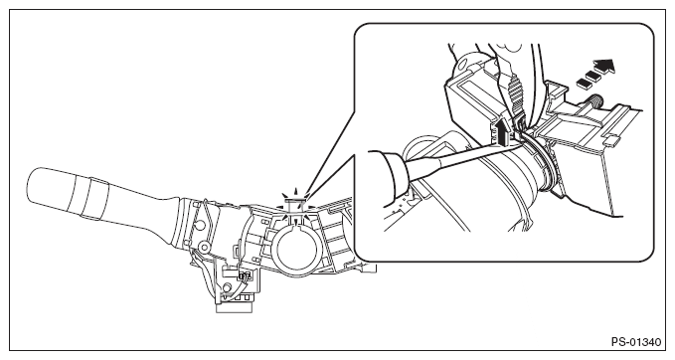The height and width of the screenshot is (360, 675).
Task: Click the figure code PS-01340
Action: [x=636, y=342]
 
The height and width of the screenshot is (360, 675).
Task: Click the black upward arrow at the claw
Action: [x=500, y=131]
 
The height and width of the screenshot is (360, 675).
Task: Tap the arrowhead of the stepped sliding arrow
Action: [x=604, y=67]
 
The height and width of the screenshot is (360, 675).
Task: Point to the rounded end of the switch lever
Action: [x=37, y=186]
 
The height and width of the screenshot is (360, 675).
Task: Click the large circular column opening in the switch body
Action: [x=297, y=251]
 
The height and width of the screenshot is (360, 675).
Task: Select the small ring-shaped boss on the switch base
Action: [x=205, y=248]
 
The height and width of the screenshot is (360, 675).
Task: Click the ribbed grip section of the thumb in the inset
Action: [x=514, y=90]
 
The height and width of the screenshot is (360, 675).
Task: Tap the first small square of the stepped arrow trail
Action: [x=584, y=84]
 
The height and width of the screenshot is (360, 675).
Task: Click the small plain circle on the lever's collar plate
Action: [x=199, y=225]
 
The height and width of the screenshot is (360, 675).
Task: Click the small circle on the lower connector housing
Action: [x=226, y=287]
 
